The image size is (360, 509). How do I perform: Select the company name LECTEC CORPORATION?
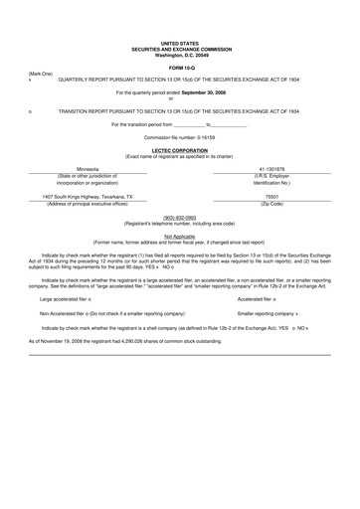pyautogui.click(x=179, y=150)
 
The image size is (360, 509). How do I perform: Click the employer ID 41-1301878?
pyautogui.click(x=271, y=170)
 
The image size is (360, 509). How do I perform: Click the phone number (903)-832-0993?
pyautogui.click(x=179, y=216)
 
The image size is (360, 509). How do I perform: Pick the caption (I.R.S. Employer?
pyautogui.click(x=271, y=176)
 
